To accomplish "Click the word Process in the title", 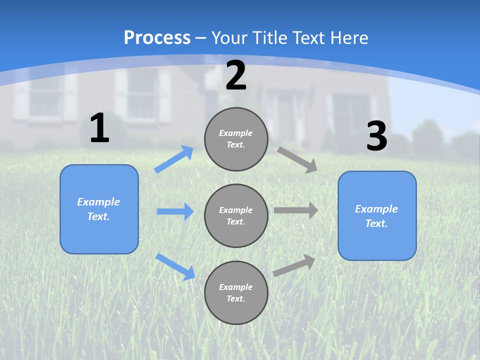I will pos(157,38).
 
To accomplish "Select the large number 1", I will pos(99,128).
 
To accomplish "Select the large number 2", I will pos(236,76).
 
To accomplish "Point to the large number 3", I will pos(376,136).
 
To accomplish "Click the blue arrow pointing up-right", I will pos(174,159).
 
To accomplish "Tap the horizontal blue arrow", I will pos(175,211).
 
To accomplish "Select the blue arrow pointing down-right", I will pos(175,266).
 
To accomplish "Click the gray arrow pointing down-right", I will pos(297,159).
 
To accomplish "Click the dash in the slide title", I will pos(201,38).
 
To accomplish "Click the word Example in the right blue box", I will pos(376,209).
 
